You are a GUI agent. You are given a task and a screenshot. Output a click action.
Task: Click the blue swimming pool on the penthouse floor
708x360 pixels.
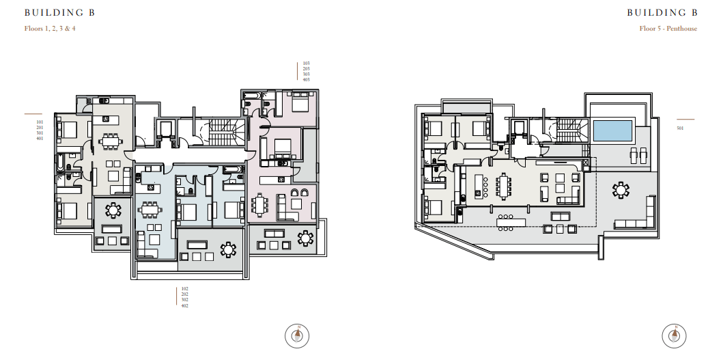(612, 130)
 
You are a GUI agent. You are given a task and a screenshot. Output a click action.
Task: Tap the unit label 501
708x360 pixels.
(680, 128)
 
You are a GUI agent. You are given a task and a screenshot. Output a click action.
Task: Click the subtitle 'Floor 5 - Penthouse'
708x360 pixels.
(668, 29)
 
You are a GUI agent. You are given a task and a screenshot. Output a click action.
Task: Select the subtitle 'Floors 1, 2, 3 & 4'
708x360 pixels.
(50, 29)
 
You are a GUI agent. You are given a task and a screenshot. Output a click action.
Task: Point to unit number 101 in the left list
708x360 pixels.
(40, 122)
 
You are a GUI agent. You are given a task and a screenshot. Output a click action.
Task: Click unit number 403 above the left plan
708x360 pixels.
(306, 80)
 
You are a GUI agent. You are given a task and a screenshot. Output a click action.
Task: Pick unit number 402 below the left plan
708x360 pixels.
(184, 306)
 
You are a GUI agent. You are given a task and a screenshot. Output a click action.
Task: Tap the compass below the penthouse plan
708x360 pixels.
(674, 336)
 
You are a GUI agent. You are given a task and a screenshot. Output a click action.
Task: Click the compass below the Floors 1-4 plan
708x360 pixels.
(297, 336)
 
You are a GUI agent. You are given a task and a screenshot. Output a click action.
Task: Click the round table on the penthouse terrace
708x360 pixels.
(621, 190)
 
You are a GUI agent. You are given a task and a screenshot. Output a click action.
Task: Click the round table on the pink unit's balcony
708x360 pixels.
(306, 238)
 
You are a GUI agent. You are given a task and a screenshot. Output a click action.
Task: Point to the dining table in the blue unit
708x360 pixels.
(149, 210)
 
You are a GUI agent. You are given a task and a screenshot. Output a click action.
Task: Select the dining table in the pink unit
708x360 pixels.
(259, 205)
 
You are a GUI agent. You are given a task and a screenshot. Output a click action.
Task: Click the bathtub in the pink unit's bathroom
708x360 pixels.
(251, 96)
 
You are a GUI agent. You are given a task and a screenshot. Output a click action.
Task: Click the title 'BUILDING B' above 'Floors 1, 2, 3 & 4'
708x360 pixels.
(59, 13)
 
